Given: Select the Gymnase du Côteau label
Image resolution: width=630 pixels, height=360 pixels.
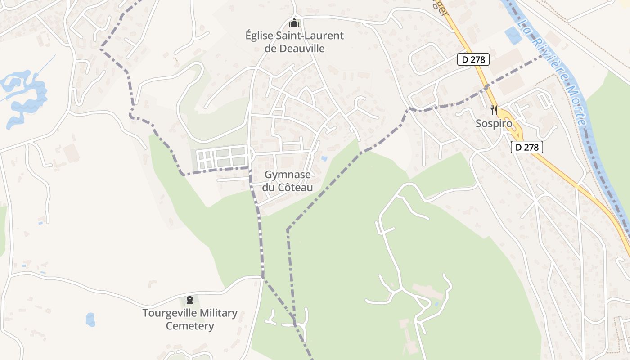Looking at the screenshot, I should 288,181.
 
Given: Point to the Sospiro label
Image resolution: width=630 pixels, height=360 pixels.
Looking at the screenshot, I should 494,123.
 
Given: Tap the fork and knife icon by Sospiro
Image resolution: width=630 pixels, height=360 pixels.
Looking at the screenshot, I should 494,109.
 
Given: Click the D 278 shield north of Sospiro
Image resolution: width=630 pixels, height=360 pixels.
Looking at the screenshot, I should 473,59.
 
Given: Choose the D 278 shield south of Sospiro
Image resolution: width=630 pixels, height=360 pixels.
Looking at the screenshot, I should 527,147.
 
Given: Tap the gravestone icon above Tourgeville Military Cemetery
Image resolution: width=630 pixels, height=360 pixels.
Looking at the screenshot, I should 190,299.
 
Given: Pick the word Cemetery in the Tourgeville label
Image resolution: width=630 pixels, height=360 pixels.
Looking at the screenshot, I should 190,326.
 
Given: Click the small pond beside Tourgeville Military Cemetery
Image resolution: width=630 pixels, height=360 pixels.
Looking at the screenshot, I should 90,319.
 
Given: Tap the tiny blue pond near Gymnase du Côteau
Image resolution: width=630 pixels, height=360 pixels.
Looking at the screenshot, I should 324,159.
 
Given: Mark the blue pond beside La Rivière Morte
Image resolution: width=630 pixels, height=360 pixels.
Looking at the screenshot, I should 512,35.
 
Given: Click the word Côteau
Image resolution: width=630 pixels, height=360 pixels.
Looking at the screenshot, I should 296,188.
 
